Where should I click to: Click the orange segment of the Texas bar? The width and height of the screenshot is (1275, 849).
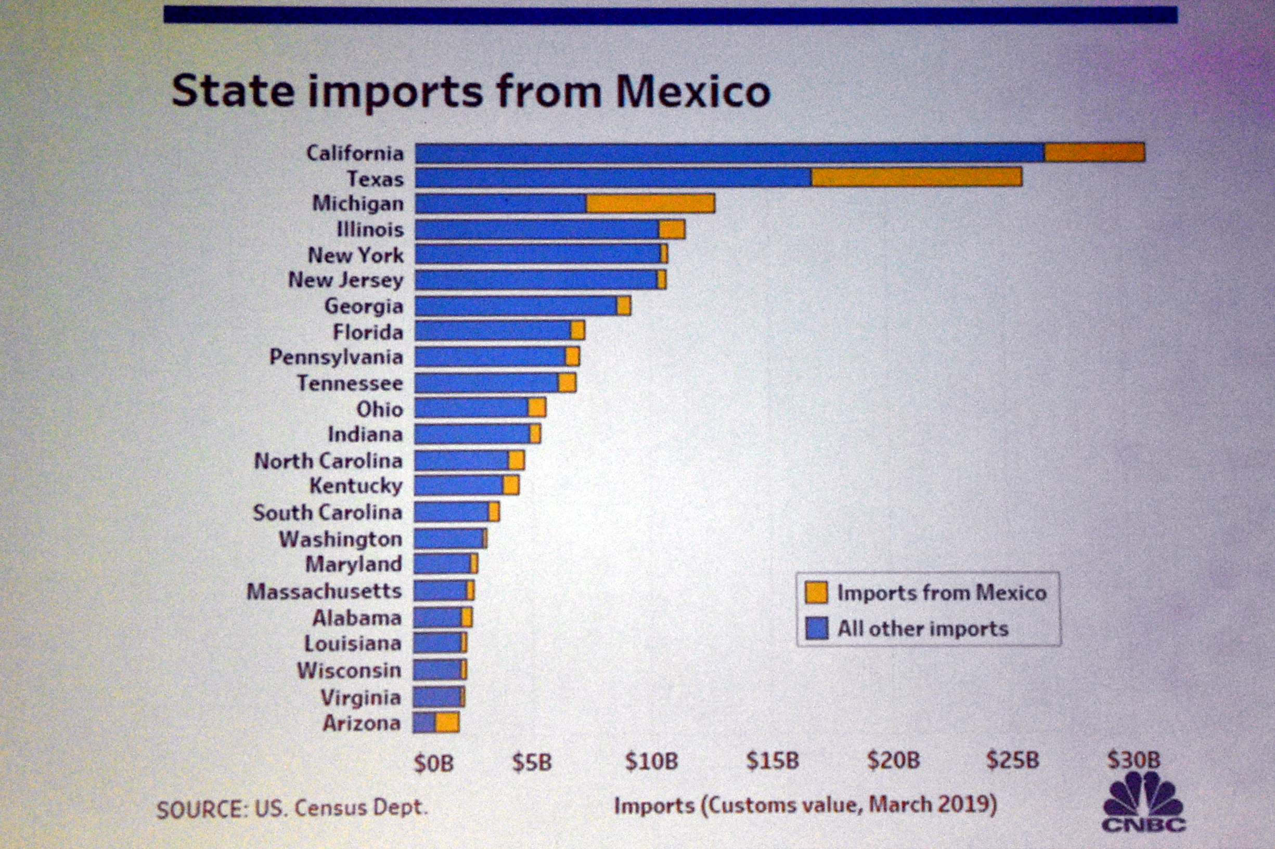point(917,177)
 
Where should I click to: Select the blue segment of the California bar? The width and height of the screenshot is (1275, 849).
point(729,153)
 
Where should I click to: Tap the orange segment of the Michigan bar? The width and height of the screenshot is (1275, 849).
point(650,204)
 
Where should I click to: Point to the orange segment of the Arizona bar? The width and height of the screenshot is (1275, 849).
point(447,722)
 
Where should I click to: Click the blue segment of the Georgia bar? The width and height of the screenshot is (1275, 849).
point(516,306)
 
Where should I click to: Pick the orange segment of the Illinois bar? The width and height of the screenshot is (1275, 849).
point(672,230)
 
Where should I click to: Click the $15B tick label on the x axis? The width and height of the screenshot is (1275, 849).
point(772,761)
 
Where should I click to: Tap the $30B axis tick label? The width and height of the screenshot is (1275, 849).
point(1133,760)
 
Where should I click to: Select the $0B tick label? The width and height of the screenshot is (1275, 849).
point(433,763)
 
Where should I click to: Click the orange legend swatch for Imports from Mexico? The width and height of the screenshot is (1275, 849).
point(816,592)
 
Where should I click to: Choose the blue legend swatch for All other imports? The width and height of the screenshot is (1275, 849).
point(816,629)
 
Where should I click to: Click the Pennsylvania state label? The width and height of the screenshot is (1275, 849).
point(337,357)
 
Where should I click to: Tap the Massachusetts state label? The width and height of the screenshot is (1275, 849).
point(324,591)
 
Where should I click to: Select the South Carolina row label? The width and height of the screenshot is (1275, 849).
point(327,512)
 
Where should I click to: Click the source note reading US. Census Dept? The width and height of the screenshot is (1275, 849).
point(292,808)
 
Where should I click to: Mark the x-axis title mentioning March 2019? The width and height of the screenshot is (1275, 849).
point(805,805)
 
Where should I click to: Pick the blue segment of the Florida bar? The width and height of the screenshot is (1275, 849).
point(492,331)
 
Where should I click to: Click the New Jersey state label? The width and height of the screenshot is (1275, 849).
point(345,280)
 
